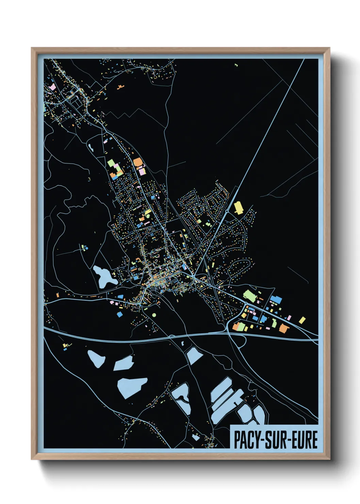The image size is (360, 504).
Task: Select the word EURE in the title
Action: [x=305, y=440]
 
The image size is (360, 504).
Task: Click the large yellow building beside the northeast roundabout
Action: [x=239, y=208]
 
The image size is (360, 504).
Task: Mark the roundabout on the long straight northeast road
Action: [x=227, y=211]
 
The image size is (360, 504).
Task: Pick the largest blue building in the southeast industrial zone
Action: [x=276, y=300]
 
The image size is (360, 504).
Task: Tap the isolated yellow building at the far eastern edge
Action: [x=302, y=320]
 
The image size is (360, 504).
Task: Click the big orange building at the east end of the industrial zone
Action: [x=284, y=328]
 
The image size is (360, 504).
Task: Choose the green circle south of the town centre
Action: [x=154, y=315]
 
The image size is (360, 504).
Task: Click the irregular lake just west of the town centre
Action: [x=103, y=276]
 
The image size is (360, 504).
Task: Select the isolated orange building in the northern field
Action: [x=119, y=87]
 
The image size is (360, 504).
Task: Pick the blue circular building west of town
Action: [x=86, y=249]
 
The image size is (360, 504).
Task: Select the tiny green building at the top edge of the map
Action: [x=236, y=65]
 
